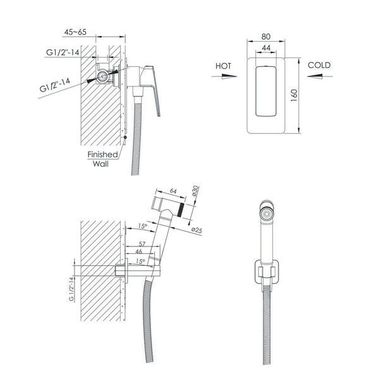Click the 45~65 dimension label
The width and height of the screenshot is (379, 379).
point(75,32)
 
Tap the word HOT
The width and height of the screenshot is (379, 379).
point(223,66)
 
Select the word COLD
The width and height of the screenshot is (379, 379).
point(319,65)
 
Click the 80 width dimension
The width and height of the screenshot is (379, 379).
point(266,37)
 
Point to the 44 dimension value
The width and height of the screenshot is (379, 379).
point(266,47)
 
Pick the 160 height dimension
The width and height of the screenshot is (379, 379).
point(294,95)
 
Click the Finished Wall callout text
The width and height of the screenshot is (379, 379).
point(102,159)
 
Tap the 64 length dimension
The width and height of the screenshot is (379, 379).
point(173,191)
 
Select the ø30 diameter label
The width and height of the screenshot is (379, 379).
point(195,191)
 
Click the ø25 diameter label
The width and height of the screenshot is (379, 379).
point(196,230)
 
